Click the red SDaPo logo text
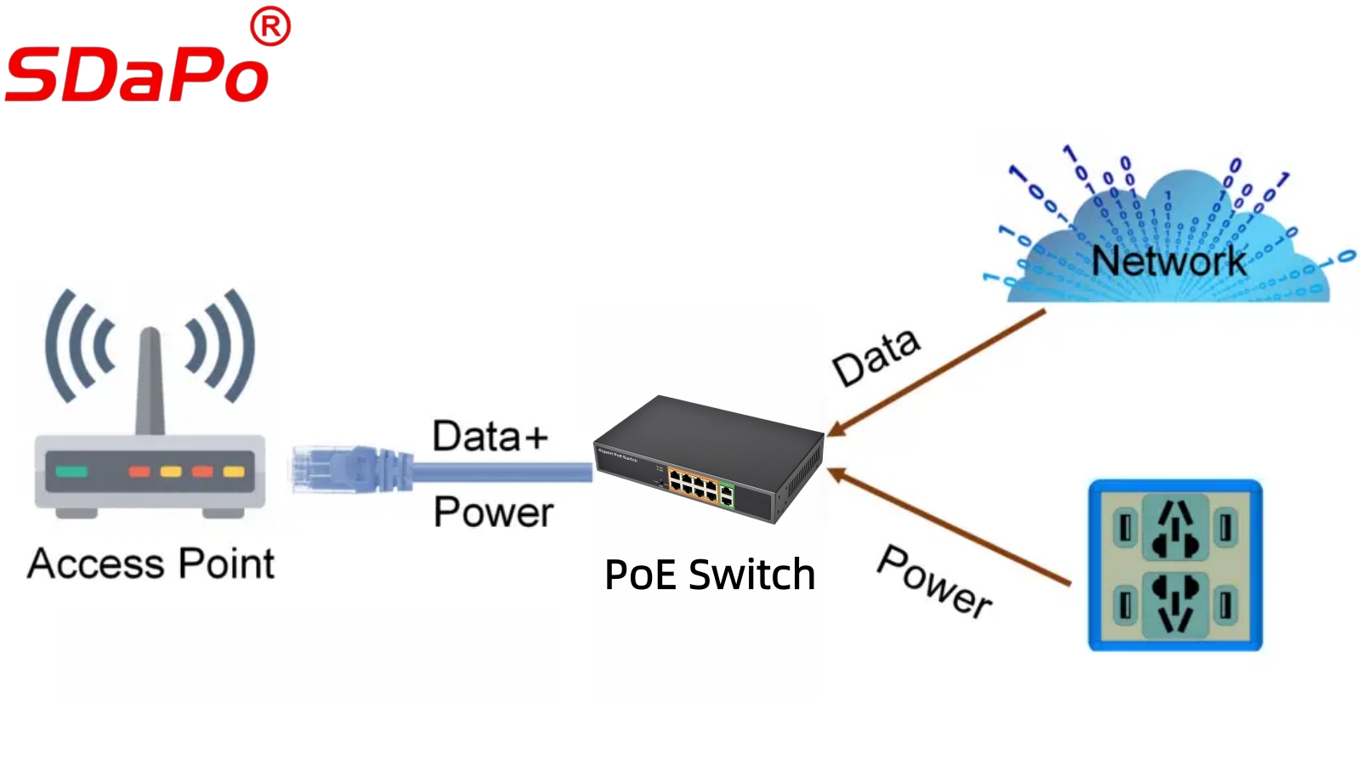point(136,74)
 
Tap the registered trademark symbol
point(270,28)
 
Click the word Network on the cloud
point(1169,261)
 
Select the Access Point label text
point(151,564)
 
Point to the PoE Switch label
point(710,575)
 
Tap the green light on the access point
point(71,472)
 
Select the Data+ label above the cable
point(490,436)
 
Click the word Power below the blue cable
point(493,512)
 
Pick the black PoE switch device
point(710,459)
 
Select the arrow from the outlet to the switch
point(948,527)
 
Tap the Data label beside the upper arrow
point(875,357)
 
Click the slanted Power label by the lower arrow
point(934,581)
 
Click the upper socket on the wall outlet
point(1176,527)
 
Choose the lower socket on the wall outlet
point(1176,603)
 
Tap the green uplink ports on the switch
point(727,494)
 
